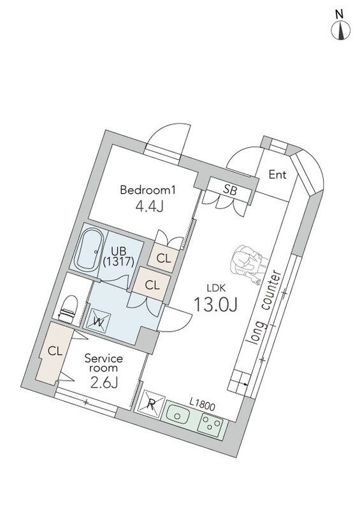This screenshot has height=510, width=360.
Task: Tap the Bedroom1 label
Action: click(147, 190)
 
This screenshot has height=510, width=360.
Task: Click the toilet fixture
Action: click(68, 307)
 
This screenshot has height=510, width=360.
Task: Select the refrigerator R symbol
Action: click(152, 403)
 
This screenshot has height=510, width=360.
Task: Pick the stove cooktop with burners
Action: click(212, 424)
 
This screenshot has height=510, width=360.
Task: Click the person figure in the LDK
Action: click(247, 263)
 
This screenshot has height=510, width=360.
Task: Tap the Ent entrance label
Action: click(278, 174)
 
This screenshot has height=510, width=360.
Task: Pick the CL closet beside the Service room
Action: click(54, 351)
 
